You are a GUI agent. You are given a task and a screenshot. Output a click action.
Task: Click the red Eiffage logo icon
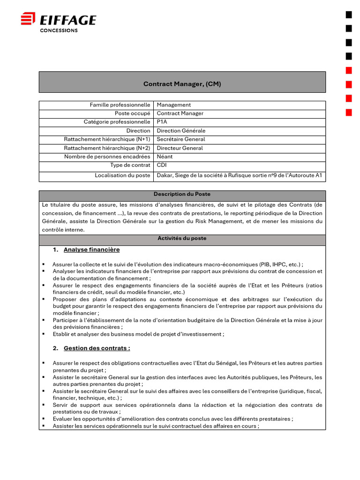[x=28, y=19]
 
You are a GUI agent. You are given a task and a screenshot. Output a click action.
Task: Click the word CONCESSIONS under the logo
[x=59, y=30]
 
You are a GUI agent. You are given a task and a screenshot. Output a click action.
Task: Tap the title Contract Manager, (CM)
[x=182, y=84]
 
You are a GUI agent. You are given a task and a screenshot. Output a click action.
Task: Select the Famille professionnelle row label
[x=120, y=105]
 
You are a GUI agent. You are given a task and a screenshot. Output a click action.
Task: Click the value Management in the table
[x=173, y=105]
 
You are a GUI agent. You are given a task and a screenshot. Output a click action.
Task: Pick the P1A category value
[x=162, y=122]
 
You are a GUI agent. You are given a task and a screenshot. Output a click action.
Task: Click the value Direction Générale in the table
[x=181, y=131]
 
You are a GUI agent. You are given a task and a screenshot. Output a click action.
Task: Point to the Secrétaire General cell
[x=180, y=139]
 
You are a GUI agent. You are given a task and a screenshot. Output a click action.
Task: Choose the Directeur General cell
[x=180, y=148]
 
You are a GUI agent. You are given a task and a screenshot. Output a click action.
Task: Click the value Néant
[x=165, y=157]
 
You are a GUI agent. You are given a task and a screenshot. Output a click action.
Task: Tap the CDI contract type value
[x=162, y=165]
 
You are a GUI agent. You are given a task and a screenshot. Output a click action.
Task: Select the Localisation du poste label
[x=122, y=176]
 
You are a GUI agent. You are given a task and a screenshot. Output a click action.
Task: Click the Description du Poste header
[x=182, y=194]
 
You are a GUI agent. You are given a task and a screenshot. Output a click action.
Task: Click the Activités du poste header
[x=182, y=238]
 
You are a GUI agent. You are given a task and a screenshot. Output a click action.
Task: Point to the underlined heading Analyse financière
[x=91, y=250]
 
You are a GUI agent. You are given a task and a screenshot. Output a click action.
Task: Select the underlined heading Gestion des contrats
[x=97, y=348]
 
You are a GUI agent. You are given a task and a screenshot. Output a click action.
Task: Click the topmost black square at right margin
[x=349, y=15]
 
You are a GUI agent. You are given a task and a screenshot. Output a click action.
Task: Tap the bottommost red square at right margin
[x=349, y=112]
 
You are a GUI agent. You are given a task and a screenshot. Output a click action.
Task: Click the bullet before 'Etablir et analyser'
[x=43, y=334]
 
